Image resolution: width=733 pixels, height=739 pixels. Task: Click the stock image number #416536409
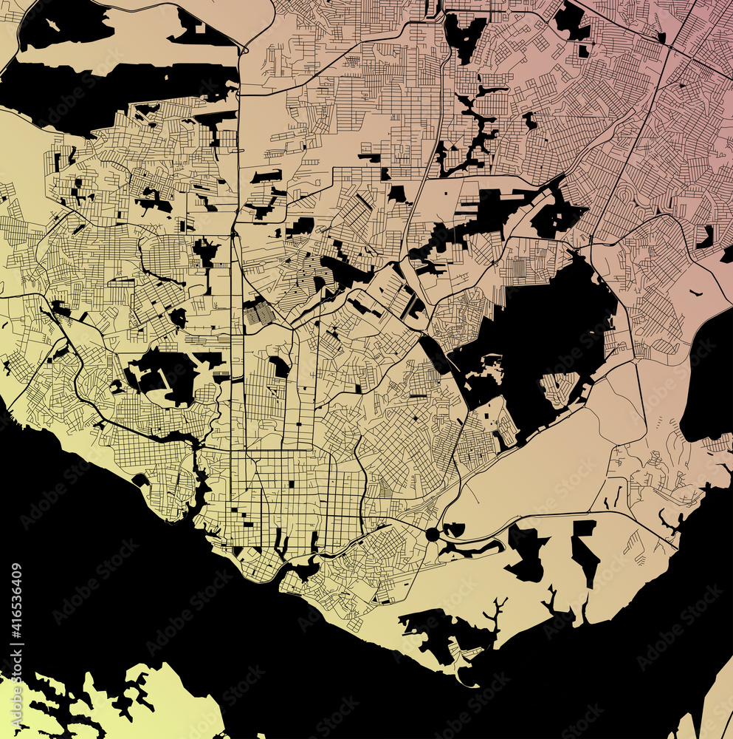pyautogui.click(x=16, y=612)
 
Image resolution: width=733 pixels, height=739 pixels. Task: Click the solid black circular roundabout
pyautogui.click(x=432, y=534)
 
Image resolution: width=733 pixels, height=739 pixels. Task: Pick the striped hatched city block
pyautogui.click(x=258, y=313)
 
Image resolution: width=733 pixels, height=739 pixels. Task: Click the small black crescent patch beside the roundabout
pyautogui.click(x=453, y=529)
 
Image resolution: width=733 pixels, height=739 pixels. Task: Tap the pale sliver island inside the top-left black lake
pyautogui.click(x=52, y=25)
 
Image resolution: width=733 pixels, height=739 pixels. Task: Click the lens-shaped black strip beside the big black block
pyautogui.click(x=436, y=355)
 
